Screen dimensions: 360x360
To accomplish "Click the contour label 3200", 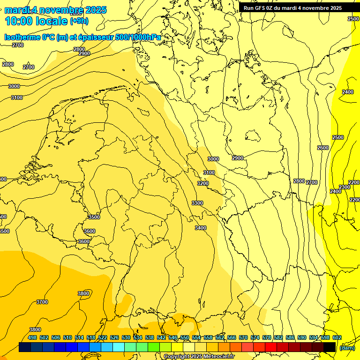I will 203,183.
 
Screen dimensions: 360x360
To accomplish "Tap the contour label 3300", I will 197,203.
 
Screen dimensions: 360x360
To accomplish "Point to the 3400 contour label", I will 200,228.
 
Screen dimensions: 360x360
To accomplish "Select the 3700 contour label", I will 42,302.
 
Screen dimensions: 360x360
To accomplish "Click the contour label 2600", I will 323,148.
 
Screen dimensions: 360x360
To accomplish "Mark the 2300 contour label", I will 345,187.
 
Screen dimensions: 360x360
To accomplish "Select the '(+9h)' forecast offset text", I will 79,21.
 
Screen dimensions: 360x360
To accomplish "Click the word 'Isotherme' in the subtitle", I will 22,37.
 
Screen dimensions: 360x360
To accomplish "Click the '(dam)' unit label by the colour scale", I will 347,348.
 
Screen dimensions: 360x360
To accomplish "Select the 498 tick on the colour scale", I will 32,337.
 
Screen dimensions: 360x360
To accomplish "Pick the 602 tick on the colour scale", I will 337,337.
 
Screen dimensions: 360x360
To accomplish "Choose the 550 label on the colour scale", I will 185,337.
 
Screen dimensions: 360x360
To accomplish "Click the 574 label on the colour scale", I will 255,337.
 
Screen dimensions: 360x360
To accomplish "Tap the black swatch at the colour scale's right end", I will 330,347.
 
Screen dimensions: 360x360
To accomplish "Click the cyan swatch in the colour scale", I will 119,347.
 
